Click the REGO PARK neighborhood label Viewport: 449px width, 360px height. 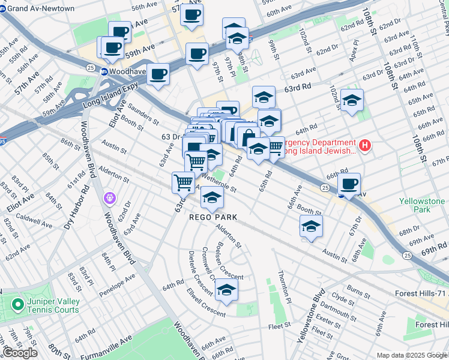[x=214, y=217]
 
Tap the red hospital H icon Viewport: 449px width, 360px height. [x=364, y=145]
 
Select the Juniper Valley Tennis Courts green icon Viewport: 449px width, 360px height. [x=18, y=305]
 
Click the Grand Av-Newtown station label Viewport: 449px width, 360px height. [x=37, y=8]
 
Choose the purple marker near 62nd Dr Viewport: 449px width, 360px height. [x=109, y=197]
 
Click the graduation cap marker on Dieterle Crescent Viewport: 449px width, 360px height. [x=226, y=290]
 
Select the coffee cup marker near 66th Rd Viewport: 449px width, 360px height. [x=349, y=184]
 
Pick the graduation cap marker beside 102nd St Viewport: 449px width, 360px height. [x=352, y=100]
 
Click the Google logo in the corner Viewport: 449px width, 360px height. [x=19, y=353]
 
